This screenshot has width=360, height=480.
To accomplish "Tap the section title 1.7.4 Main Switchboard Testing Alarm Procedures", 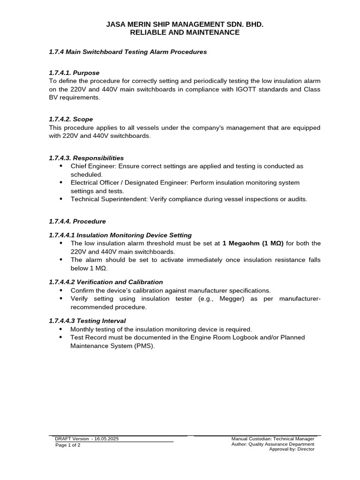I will [127, 52].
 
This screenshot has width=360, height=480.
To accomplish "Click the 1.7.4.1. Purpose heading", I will [74, 73].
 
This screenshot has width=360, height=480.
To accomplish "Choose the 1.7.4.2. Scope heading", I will [71, 120].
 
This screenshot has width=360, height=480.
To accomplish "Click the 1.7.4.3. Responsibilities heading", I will [86, 158].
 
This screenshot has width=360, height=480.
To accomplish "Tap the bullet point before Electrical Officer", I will [62, 183].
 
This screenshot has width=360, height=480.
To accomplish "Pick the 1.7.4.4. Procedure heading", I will [77, 221].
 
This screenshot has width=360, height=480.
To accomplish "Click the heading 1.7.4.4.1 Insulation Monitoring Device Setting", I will [120, 235].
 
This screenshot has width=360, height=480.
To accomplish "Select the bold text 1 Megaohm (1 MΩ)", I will [253, 243].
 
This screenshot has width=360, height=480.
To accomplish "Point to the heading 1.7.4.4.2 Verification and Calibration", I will [106, 282].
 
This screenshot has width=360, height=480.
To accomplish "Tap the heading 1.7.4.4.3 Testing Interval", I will [87, 321].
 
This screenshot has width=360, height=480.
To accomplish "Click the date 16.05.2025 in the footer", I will [106, 438].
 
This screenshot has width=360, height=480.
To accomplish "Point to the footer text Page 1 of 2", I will [67, 445].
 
